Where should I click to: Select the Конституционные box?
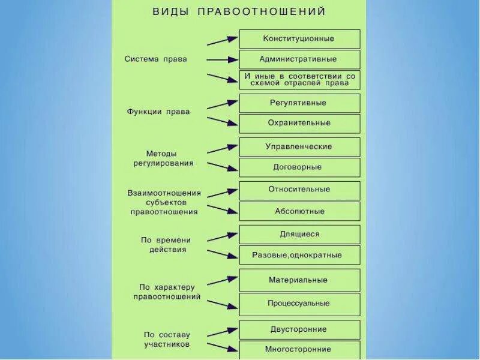pyautogui.click(x=299, y=39)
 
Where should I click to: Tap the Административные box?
pyautogui.click(x=299, y=59)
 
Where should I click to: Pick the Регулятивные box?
pyautogui.click(x=299, y=103)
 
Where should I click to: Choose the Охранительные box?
pyautogui.click(x=299, y=123)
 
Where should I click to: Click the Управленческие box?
pyautogui.click(x=299, y=146)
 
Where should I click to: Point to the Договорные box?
pyautogui.click(x=299, y=167)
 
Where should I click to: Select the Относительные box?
pyautogui.click(x=299, y=190)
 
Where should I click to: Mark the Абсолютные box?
pyautogui.click(x=299, y=211)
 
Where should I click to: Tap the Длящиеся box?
pyautogui.click(x=299, y=234)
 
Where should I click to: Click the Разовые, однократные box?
pyautogui.click(x=299, y=255)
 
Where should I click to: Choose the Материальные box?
pyautogui.click(x=299, y=280)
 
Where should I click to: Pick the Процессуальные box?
pyautogui.click(x=299, y=304)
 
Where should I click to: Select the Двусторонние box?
pyautogui.click(x=299, y=329)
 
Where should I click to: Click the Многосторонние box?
pyautogui.click(x=299, y=349)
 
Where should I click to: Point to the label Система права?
pyautogui.click(x=156, y=59)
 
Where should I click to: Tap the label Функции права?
pyautogui.click(x=158, y=112)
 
